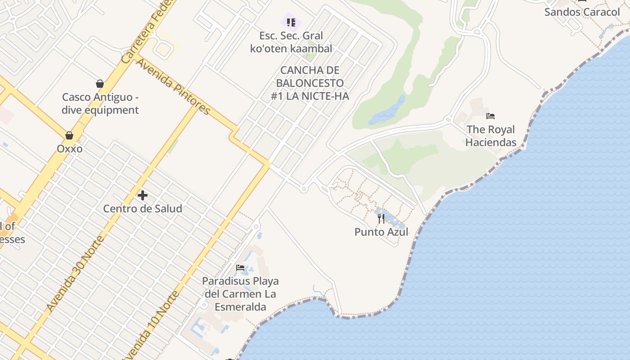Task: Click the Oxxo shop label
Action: click(69, 148)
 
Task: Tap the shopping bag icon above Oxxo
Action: click(69, 135)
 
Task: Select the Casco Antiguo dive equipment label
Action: click(100, 103)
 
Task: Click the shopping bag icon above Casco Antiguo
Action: click(100, 84)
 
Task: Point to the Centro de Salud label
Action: click(143, 208)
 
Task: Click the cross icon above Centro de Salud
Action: click(143, 195)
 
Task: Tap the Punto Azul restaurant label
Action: click(381, 232)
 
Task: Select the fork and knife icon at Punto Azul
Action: click(381, 219)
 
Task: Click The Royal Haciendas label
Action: click(490, 136)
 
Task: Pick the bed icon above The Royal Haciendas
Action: click(490, 116)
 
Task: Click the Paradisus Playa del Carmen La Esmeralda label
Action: click(240, 294)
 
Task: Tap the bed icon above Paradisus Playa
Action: click(240, 268)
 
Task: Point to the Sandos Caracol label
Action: click(582, 12)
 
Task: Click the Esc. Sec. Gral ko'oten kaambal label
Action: click(291, 42)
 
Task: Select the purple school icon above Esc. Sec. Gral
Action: click(291, 22)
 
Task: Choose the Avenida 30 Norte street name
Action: click(75, 274)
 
